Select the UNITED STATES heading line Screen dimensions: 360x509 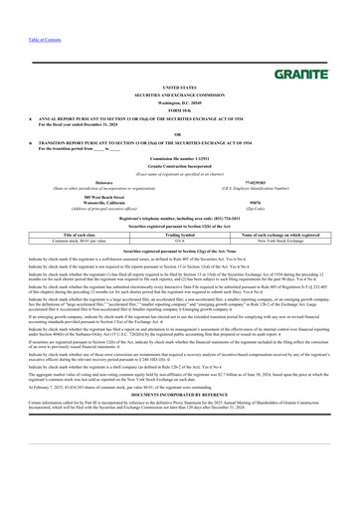point(179,87)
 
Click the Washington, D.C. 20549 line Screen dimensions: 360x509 point(179,101)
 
